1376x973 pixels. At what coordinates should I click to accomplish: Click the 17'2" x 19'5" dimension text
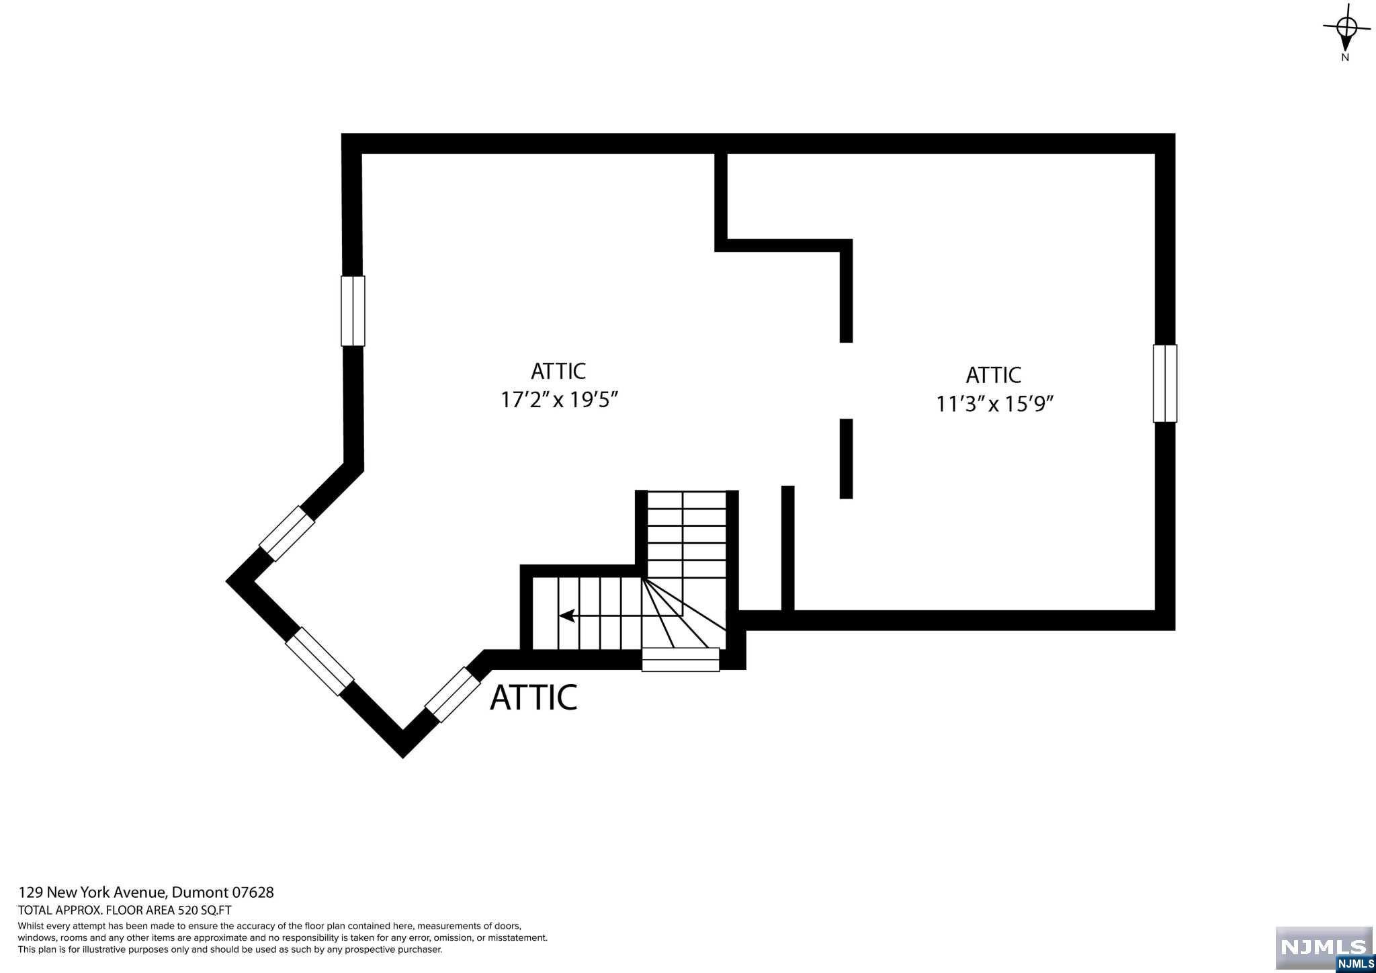click(x=559, y=400)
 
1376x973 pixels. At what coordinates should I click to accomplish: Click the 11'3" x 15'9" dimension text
click(x=994, y=405)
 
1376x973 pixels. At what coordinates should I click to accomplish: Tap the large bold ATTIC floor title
click(x=533, y=697)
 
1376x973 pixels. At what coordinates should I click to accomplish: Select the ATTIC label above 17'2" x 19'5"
click(x=558, y=371)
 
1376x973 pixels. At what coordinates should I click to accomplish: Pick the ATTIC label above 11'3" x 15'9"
click(x=993, y=375)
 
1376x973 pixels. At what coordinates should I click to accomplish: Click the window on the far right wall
click(x=1164, y=384)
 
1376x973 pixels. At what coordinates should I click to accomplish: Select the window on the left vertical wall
click(x=353, y=311)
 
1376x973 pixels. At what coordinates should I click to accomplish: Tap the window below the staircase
click(x=681, y=659)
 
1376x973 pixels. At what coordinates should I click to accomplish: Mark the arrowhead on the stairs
click(x=566, y=615)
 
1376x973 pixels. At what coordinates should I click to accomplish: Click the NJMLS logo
click(x=1324, y=947)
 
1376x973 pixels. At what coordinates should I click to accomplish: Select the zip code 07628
click(x=253, y=892)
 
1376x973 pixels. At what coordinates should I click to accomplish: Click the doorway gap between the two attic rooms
click(x=846, y=381)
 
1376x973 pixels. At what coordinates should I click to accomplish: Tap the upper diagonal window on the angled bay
click(x=287, y=534)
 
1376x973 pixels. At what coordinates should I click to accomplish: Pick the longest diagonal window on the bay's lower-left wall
click(x=319, y=661)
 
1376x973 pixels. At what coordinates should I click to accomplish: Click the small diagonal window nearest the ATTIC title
click(x=452, y=695)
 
